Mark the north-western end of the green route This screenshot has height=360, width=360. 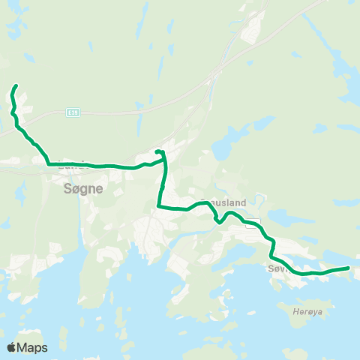pos(15,88)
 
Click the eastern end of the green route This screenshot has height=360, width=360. pos(349,267)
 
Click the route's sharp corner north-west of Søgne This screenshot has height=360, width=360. pos(48,163)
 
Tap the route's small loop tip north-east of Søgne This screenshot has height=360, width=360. pos(159,151)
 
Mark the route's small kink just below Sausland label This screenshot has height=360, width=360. pos(217,219)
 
